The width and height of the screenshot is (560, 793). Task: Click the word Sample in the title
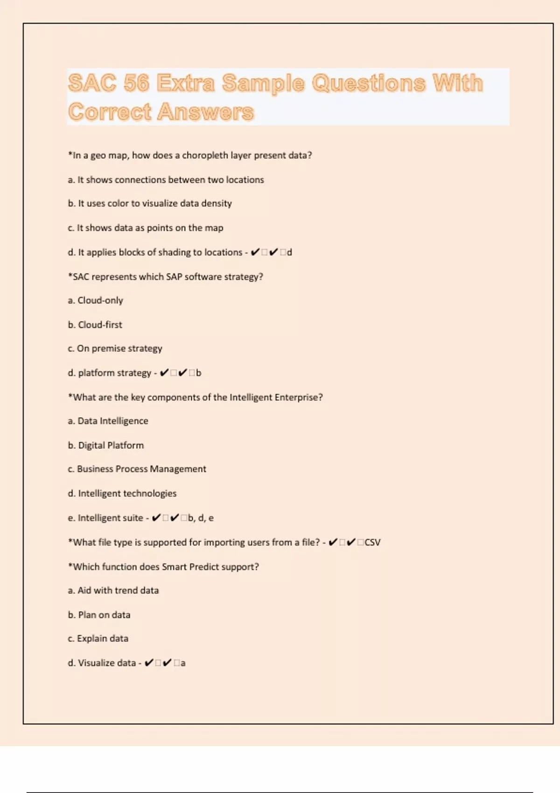coord(263,83)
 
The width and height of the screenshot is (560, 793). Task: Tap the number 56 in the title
coord(136,83)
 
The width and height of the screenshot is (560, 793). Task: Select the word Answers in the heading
coord(205,112)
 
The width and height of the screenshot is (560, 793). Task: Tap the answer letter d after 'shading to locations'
coord(289,252)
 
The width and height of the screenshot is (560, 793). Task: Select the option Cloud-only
coord(96,300)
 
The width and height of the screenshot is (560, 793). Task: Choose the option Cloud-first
coord(95,325)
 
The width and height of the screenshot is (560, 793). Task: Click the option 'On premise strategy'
coord(115,348)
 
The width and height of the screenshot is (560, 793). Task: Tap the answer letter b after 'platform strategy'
coord(199,373)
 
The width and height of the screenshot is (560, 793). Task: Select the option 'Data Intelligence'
coord(108,421)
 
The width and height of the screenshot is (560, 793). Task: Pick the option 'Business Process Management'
coord(137,469)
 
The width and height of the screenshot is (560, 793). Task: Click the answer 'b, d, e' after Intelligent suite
coord(201,518)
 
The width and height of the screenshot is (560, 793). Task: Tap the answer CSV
coord(372,543)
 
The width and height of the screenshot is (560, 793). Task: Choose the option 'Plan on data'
coord(99,615)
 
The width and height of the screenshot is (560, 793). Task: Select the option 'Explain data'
coord(98,639)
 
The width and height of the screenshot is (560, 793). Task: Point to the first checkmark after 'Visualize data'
coord(149,663)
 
